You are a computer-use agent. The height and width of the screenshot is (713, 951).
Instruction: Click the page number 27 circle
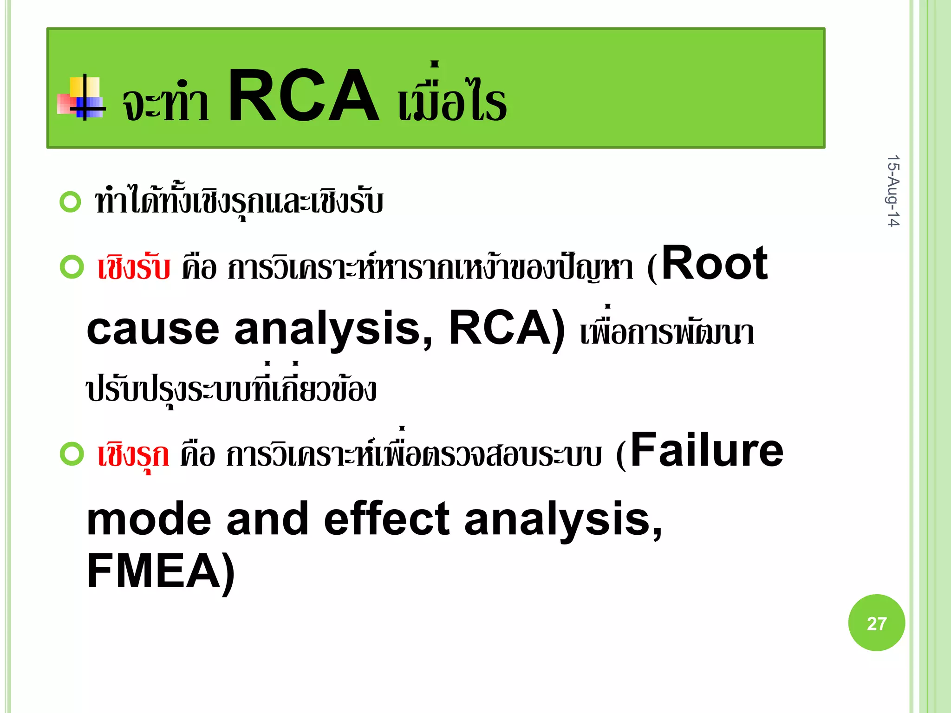pos(876,623)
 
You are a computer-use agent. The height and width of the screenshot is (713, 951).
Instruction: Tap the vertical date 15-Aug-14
pos(893,191)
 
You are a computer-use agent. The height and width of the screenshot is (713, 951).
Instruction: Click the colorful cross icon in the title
pos(81,97)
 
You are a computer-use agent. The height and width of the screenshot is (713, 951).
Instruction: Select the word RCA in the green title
pos(303,96)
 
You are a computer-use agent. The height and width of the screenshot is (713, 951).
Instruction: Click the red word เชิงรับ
pos(134,268)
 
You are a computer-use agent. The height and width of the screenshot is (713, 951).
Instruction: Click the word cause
pos(153,329)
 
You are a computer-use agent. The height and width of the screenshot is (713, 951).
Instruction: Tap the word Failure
pos(707,450)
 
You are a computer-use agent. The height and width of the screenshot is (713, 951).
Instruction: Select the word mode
pos(149,519)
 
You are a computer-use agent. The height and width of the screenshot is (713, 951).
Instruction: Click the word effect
pos(386,519)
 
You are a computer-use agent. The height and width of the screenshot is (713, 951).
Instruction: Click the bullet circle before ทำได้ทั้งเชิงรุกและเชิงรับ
pos(71,202)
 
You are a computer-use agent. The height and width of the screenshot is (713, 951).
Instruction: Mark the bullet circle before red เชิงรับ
pos(72,267)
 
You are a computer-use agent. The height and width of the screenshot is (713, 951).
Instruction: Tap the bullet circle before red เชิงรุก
pos(72,454)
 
